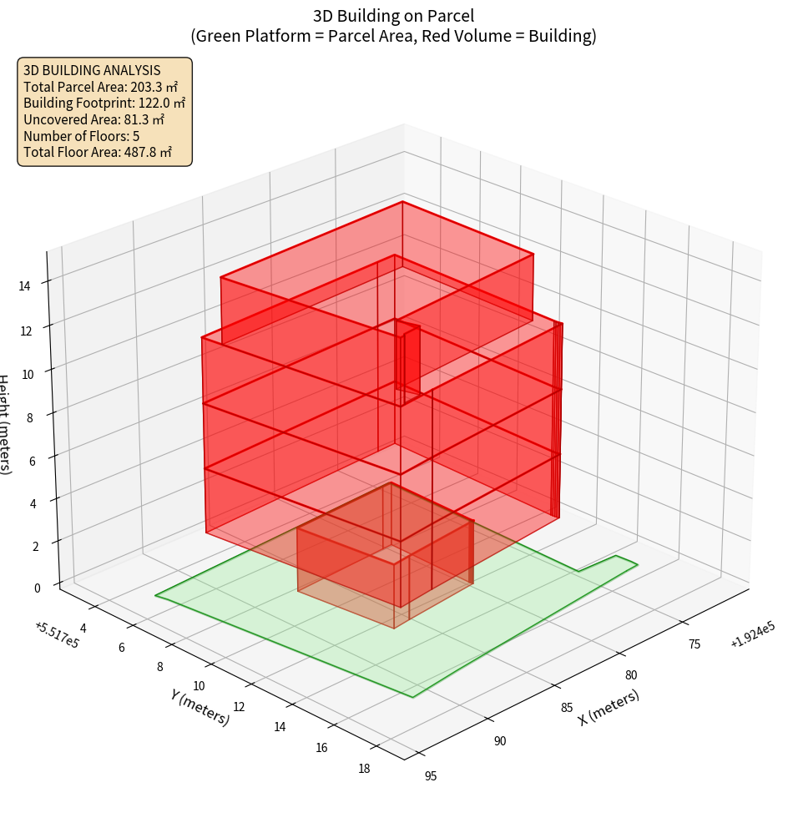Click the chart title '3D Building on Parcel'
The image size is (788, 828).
tap(394, 15)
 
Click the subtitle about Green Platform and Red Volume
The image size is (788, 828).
tap(394, 36)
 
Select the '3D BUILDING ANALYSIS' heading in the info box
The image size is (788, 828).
tap(92, 70)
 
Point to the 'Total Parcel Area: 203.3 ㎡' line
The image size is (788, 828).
tap(101, 87)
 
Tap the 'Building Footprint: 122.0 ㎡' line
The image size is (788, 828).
tap(104, 103)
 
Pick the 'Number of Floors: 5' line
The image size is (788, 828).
tap(81, 136)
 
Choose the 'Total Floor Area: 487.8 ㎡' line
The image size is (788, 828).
tap(98, 152)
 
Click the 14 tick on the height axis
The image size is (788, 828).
tap(24, 285)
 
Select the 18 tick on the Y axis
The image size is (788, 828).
tap(364, 769)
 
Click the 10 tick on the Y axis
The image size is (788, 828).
tap(199, 686)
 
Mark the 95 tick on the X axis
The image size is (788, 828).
tap(430, 776)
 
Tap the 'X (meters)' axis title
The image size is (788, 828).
tap(609, 707)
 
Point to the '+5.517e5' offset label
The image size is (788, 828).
tap(57, 635)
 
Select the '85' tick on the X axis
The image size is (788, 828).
tap(567, 708)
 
